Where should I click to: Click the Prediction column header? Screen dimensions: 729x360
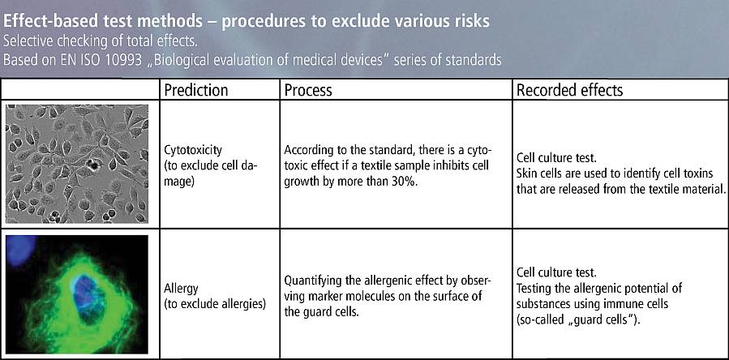click(195, 90)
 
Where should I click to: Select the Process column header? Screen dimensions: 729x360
click(308, 90)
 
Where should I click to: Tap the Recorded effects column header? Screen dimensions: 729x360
click(569, 90)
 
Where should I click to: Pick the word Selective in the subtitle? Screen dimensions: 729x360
click(27, 41)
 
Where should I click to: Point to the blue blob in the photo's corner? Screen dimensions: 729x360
click(19, 249)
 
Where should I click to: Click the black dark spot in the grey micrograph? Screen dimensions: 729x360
click(94, 165)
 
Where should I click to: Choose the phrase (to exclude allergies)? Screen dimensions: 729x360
click(215, 304)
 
